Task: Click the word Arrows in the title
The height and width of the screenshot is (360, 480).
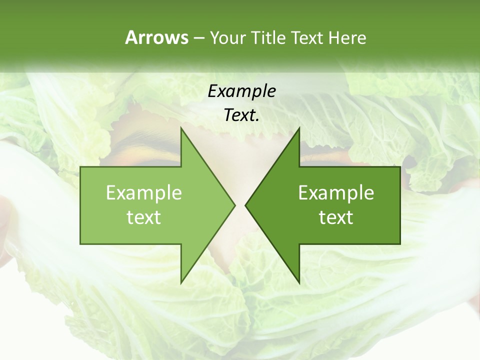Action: (156, 37)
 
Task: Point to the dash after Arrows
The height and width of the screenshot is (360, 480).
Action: (198, 38)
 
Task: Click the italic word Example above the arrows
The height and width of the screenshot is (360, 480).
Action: (241, 91)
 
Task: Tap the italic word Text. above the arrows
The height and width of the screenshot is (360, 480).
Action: (241, 115)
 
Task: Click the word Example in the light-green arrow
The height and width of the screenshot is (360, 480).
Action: (144, 193)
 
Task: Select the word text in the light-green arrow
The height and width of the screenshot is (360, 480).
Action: (144, 217)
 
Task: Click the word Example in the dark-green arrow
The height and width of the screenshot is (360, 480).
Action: (336, 193)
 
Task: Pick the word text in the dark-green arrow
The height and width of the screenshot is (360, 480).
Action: (336, 217)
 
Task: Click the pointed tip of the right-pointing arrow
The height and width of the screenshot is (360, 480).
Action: (235, 205)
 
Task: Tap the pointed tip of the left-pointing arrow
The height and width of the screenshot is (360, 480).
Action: (245, 205)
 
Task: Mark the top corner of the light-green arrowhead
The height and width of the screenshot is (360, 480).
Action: (181, 127)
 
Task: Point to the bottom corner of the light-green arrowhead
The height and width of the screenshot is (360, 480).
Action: (181, 283)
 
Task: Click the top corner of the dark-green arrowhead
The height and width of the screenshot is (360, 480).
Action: (299, 127)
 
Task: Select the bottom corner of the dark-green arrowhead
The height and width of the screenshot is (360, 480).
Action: (299, 283)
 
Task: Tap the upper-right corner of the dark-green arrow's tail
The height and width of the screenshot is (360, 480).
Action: (400, 167)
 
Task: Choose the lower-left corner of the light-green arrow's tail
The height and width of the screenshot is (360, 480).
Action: (80, 244)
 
